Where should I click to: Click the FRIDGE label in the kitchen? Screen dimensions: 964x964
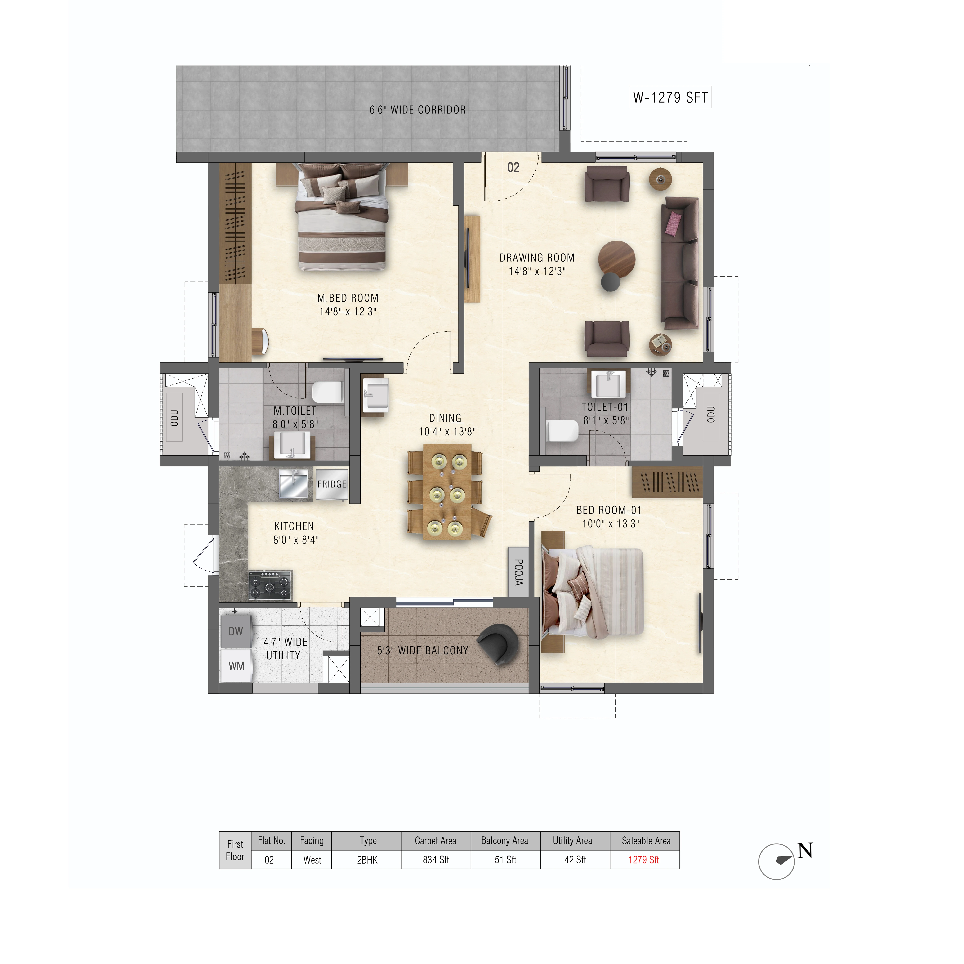point(332,484)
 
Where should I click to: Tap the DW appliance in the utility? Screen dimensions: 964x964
point(236,631)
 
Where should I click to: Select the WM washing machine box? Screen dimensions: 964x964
point(237,666)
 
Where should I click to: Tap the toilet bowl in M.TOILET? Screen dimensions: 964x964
point(328,392)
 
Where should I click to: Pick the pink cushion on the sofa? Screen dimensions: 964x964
point(674,223)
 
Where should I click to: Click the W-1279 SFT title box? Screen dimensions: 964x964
point(670,97)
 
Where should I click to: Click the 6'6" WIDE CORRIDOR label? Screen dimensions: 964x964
point(418,110)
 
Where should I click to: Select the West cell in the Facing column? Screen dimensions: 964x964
point(312,860)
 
